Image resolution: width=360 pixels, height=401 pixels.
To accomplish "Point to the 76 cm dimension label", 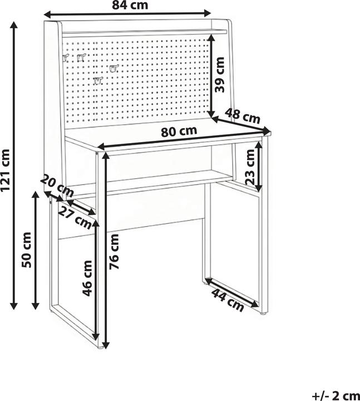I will [114, 252].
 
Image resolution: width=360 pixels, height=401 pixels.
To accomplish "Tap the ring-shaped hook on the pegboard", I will [114, 69].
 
